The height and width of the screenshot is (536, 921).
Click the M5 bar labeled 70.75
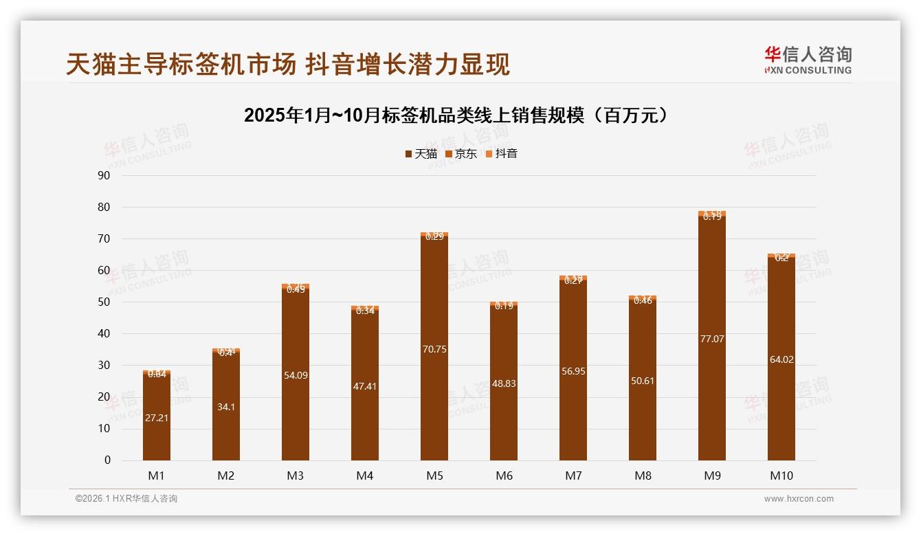pos(434,371)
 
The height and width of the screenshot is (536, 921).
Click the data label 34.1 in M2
pos(225,407)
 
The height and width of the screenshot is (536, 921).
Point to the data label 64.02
pos(781,359)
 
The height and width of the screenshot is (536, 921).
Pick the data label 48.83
pos(503,383)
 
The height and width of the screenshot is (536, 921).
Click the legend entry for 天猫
pos(421,154)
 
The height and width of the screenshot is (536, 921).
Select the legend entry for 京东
pos(461,154)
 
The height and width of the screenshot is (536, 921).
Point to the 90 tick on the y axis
pos(104,175)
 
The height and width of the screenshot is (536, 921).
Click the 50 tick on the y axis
pos(104,302)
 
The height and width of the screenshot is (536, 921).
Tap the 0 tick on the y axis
pos(107,460)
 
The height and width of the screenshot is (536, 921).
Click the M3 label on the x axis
pos(295,476)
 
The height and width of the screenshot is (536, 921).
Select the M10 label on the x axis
pos(781,476)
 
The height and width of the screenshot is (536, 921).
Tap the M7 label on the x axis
pos(573,476)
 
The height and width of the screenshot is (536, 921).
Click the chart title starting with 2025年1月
pos(456,115)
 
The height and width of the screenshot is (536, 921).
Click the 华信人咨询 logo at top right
pos(808,60)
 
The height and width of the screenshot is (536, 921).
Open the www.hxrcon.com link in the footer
pos(799,499)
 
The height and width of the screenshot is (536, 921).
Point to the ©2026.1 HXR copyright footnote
pos(126,499)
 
